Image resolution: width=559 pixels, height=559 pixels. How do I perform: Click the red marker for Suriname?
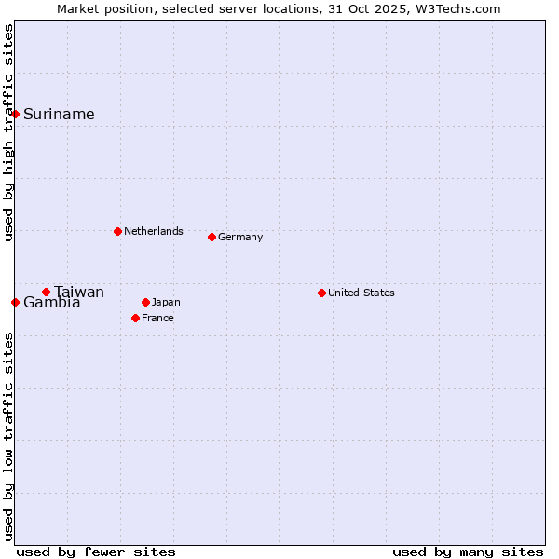16,114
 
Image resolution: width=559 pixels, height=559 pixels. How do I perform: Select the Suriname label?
59,115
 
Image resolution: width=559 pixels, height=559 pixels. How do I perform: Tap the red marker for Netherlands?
117,231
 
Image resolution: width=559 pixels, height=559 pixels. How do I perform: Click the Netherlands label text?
153,231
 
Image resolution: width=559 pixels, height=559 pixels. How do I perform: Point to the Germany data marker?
211,237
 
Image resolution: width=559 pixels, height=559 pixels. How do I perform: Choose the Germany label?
240,237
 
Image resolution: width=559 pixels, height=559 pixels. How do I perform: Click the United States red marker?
321,293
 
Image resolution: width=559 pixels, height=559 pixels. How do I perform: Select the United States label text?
361,293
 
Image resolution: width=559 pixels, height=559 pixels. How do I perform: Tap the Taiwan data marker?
46,292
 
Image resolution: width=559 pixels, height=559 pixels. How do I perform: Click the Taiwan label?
79,293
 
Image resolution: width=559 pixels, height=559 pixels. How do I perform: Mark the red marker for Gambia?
16,302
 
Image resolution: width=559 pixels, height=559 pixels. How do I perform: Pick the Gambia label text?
51,303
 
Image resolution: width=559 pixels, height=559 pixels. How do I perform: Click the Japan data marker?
145,302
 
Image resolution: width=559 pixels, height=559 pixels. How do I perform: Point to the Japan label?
166,302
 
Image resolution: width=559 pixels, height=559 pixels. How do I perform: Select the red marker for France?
135,318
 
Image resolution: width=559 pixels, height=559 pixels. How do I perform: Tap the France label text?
157,318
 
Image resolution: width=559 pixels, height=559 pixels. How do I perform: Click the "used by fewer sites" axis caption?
96,552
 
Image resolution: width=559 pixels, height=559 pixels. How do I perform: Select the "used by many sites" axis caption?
468,552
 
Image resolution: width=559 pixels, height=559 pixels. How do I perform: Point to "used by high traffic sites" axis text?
9,132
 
